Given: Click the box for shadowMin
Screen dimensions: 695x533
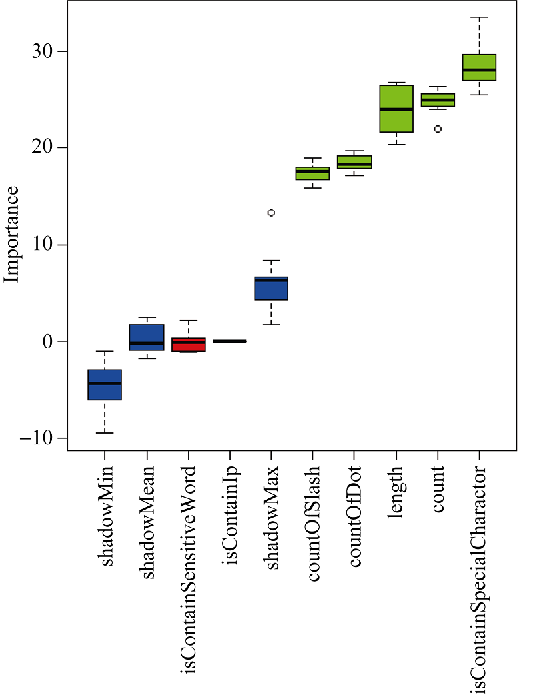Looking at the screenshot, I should (105, 384).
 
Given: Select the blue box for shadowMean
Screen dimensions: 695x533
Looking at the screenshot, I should (147, 337).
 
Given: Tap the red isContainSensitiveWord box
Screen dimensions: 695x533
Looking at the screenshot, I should (189, 344).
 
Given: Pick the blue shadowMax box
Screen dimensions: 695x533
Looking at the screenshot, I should (271, 289).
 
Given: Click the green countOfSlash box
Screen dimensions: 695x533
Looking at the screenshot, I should (312, 173).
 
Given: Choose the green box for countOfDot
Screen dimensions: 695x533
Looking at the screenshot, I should (354, 162).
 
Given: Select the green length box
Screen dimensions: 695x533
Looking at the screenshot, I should (396, 109).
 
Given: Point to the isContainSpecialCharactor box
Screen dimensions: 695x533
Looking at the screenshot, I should (480, 67).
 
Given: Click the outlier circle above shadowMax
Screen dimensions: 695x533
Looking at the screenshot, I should (271, 213).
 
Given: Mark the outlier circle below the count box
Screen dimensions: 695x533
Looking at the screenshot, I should (438, 129).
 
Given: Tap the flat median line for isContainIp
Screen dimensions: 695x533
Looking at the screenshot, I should (230, 341).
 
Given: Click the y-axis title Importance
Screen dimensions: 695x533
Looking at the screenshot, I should (12, 234).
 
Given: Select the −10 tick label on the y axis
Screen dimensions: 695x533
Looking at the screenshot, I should (37, 438).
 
